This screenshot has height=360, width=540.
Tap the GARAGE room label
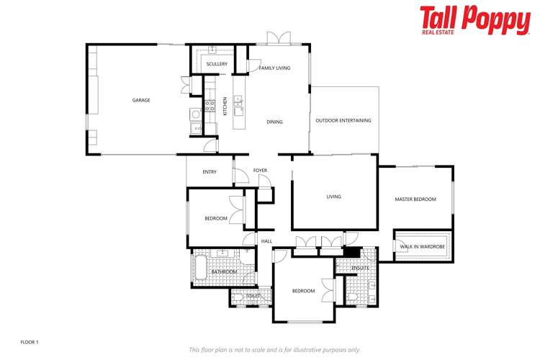141,100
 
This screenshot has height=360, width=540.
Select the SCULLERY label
217,64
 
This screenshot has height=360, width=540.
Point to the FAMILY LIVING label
274,68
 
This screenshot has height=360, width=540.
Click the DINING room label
274,122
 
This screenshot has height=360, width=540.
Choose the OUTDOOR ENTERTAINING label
343,120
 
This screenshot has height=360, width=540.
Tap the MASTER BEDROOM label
415,199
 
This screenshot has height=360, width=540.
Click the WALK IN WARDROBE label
423,246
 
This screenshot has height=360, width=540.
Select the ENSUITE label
360,268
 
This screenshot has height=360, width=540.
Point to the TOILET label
253,295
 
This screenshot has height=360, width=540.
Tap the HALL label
266,241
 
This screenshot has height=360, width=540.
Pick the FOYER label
260,171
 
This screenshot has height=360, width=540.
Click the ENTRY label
210,171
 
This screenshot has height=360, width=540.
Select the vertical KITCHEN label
225,106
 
